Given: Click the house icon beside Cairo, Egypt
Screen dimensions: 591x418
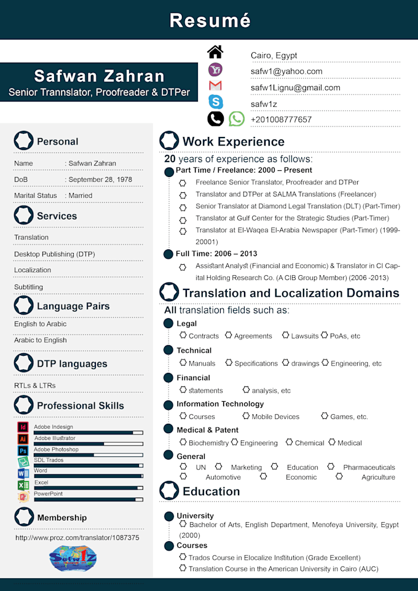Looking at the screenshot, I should click(x=215, y=52).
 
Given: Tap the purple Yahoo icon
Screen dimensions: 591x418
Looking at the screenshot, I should click(x=216, y=69).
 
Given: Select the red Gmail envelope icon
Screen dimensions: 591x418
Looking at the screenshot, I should click(x=215, y=86).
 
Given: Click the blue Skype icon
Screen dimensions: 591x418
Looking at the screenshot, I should click(x=216, y=102).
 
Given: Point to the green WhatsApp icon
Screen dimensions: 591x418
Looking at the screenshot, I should click(x=237, y=119).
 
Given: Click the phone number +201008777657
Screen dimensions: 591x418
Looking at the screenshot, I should click(x=281, y=120).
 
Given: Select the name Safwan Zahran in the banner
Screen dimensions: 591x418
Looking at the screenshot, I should click(x=99, y=76).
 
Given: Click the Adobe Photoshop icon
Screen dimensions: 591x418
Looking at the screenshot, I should click(x=23, y=450).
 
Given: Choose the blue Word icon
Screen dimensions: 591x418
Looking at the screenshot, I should click(x=23, y=474).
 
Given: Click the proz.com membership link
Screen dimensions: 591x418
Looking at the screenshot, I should click(x=77, y=538).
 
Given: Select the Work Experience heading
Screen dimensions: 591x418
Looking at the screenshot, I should click(x=233, y=142).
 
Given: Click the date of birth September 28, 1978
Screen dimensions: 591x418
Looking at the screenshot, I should click(x=100, y=179).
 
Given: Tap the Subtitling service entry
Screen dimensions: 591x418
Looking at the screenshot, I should click(x=29, y=287).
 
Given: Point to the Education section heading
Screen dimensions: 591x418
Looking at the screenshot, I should click(x=211, y=491).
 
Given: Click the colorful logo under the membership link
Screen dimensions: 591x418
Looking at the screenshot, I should click(x=73, y=558).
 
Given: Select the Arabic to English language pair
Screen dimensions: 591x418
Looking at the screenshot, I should click(x=41, y=340).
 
